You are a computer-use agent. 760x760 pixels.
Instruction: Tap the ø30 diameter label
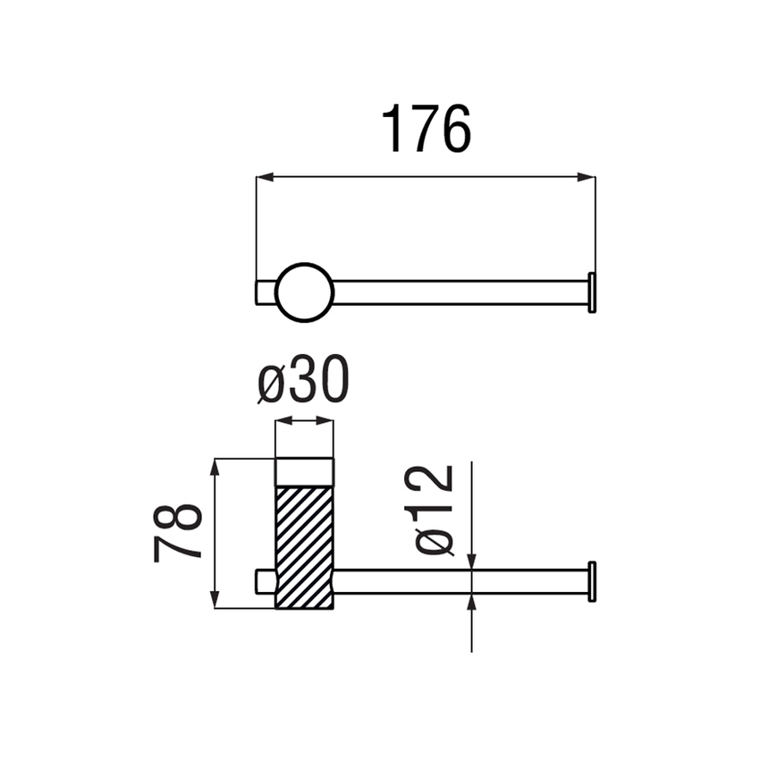point(303,379)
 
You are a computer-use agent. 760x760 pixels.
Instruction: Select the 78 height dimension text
point(177,532)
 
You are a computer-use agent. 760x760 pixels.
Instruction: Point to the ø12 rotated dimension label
point(435,511)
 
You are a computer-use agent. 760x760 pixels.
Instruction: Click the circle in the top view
point(304,264)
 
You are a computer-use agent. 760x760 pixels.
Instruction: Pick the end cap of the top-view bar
point(592,292)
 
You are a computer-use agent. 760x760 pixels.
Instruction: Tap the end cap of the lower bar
point(592,582)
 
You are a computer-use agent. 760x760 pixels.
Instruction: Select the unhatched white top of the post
point(304,472)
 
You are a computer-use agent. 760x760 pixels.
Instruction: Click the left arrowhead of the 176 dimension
point(265,177)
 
